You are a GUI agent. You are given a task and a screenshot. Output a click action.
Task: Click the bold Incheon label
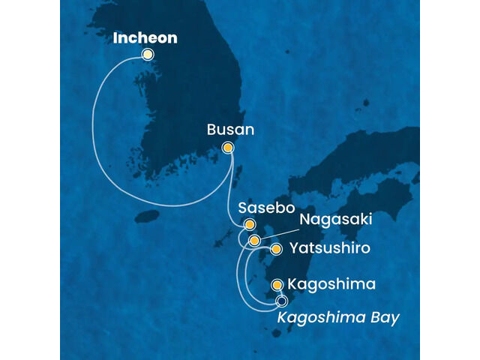(145, 37)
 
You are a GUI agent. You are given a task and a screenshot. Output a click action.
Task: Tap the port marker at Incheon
(148, 54)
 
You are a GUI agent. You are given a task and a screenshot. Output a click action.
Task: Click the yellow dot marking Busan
(228, 148)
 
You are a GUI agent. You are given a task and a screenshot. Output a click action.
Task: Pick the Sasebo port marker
(250, 224)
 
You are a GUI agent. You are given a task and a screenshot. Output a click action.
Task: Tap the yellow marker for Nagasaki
(255, 241)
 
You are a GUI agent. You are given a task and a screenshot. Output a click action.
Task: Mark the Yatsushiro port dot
(276, 249)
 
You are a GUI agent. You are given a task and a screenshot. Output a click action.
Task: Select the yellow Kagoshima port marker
(277, 285)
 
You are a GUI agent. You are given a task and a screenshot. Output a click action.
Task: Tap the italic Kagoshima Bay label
(337, 318)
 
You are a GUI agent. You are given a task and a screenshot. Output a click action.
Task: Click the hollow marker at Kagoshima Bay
(282, 301)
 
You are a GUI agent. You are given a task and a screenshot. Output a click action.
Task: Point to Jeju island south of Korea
(148, 217)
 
